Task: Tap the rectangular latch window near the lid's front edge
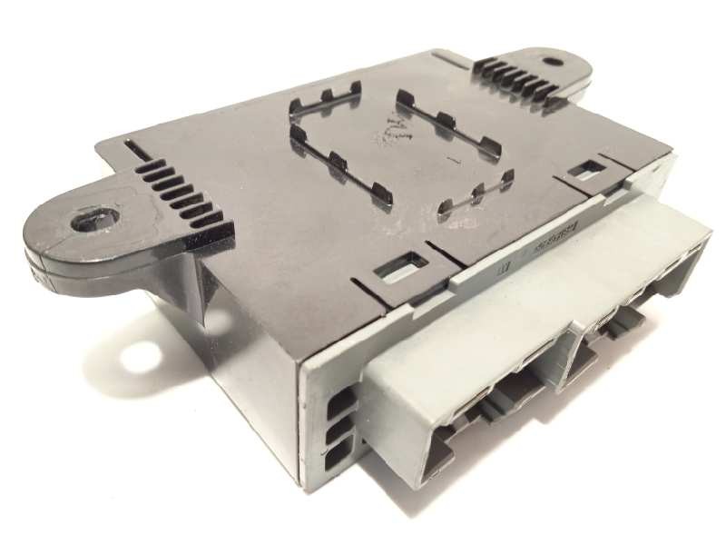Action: (400, 265)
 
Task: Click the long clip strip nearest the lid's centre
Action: (340, 163)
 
